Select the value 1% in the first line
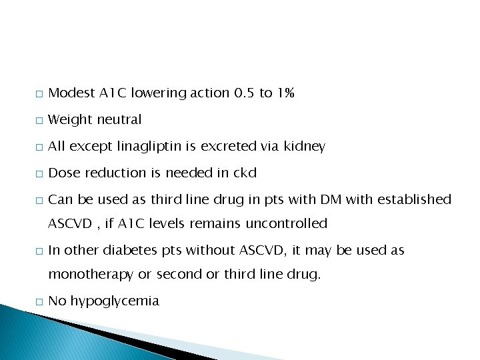pyautogui.click(x=285, y=93)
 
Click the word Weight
pyautogui.click(x=71, y=120)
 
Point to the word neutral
pyautogui.click(x=119, y=120)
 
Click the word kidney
pyautogui.click(x=305, y=147)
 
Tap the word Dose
pyautogui.click(x=64, y=173)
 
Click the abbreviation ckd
pyautogui.click(x=244, y=173)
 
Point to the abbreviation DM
pyautogui.click(x=330, y=200)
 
